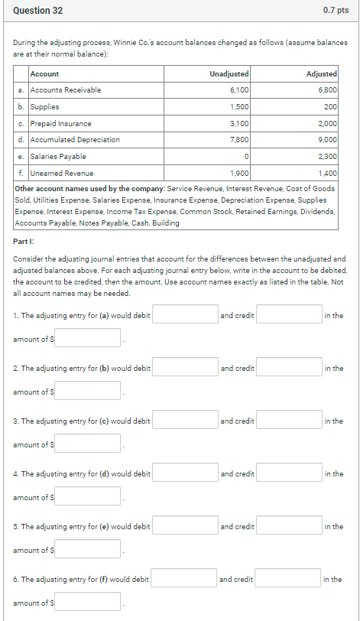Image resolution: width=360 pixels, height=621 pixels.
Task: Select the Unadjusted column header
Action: pyautogui.click(x=229, y=73)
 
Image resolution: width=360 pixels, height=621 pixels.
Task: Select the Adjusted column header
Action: pyautogui.click(x=321, y=73)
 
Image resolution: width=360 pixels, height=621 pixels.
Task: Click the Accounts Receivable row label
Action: pyautogui.click(x=65, y=90)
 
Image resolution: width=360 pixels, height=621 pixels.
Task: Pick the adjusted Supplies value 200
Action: pyautogui.click(x=330, y=107)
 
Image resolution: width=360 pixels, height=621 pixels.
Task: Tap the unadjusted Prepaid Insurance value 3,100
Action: pyautogui.click(x=239, y=124)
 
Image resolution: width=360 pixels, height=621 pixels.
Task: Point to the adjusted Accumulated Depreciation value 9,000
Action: pyautogui.click(x=327, y=140)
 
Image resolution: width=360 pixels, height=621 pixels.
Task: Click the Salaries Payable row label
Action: pyautogui.click(x=59, y=157)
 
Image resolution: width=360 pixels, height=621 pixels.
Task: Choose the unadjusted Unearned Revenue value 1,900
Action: pyautogui.click(x=239, y=174)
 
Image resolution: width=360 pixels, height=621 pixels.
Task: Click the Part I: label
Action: pyautogui.click(x=25, y=241)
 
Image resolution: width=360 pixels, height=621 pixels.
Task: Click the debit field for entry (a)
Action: pyautogui.click(x=185, y=315)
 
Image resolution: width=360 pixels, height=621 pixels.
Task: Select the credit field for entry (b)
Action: pyautogui.click(x=289, y=368)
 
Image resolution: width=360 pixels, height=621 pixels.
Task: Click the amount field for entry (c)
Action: pyautogui.click(x=87, y=444)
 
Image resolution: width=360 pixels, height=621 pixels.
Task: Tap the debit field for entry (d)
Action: pyautogui.click(x=185, y=473)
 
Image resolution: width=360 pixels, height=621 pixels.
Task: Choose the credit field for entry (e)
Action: pyautogui.click(x=289, y=526)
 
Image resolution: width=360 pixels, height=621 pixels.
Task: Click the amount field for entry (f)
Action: pyautogui.click(x=87, y=602)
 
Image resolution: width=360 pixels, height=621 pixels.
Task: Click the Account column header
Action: pyautogui.click(x=44, y=73)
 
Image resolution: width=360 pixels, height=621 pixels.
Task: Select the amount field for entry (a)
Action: pyautogui.click(x=87, y=338)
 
